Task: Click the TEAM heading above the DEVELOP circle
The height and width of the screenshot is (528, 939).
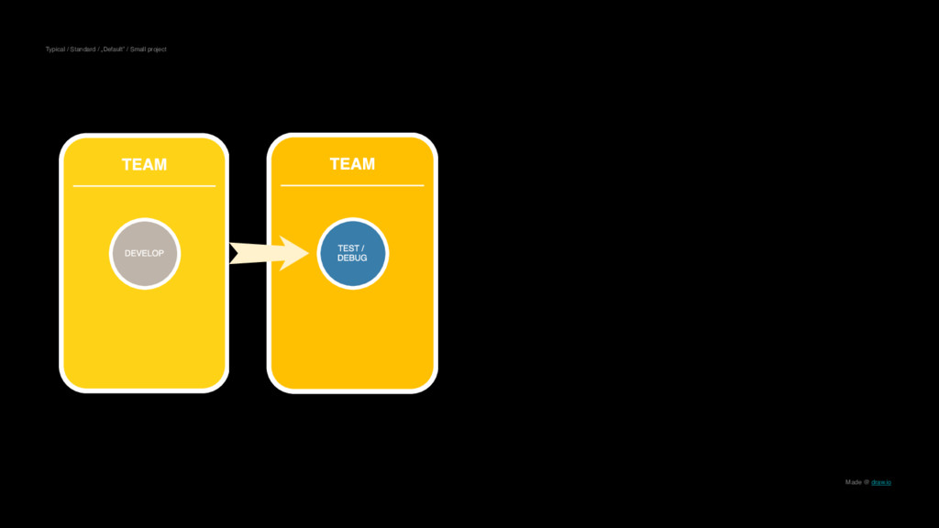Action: [144, 165]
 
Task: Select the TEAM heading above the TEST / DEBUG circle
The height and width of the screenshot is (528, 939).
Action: [352, 164]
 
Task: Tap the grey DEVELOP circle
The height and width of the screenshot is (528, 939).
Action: [145, 253]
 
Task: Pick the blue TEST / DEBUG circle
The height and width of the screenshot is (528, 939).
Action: [353, 253]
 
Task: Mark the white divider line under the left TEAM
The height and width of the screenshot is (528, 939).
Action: [144, 186]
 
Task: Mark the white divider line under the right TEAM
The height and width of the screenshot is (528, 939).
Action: [352, 185]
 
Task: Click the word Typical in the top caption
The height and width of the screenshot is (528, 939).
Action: [55, 49]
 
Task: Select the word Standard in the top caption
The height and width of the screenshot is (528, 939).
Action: [83, 49]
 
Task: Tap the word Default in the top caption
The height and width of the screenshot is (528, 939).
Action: [112, 49]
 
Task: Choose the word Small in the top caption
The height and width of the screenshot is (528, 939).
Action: [139, 49]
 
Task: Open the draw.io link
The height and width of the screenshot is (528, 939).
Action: [881, 482]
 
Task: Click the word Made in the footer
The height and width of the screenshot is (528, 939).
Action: [853, 482]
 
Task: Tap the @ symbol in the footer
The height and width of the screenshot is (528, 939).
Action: [867, 482]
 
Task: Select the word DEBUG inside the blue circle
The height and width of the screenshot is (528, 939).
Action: [352, 258]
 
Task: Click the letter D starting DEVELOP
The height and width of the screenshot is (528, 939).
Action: [127, 253]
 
